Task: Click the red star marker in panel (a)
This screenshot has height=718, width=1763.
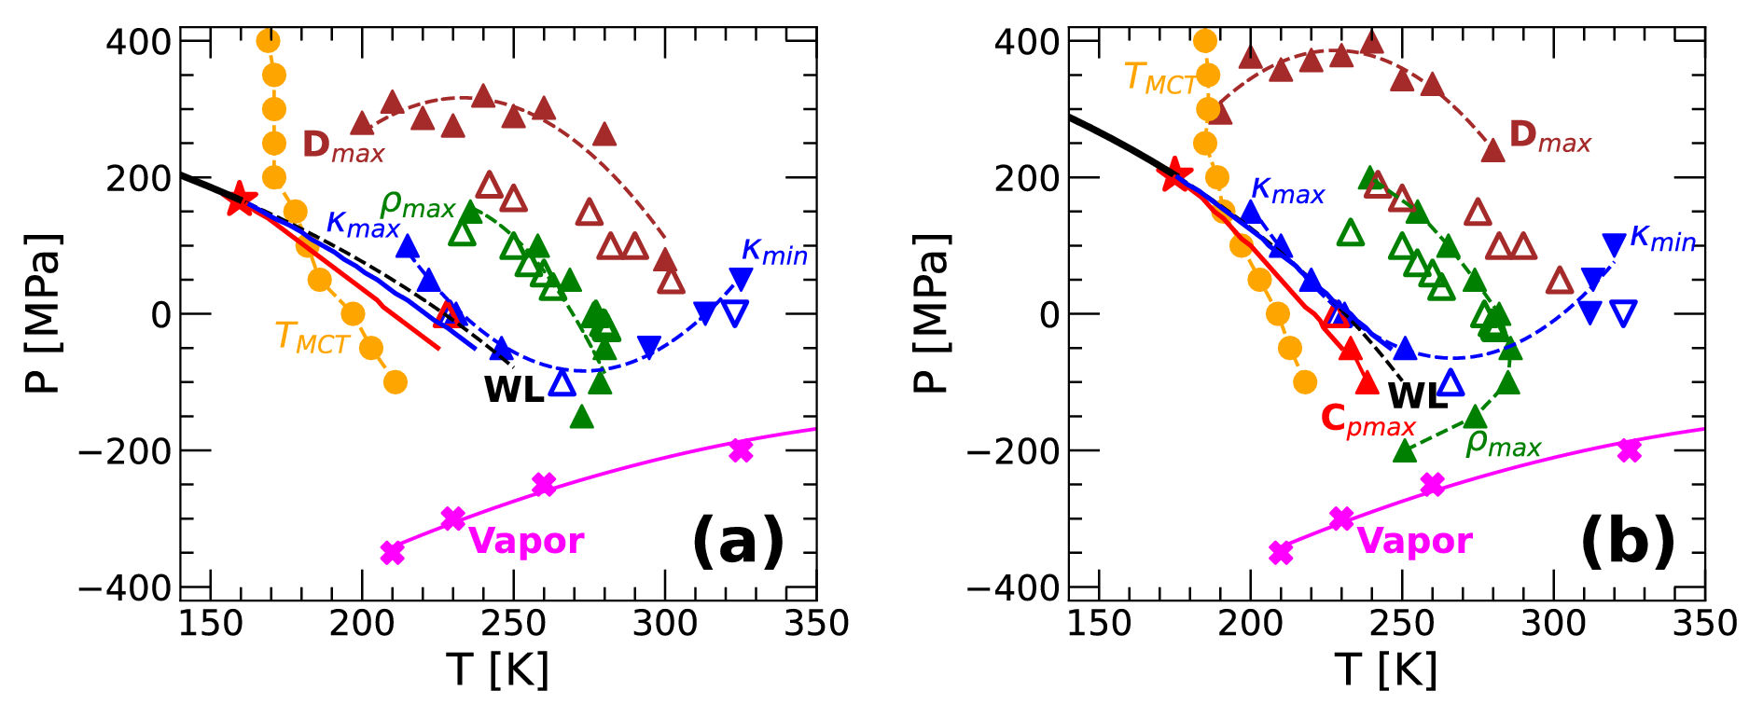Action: tap(241, 198)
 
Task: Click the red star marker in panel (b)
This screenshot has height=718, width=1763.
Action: tap(1174, 173)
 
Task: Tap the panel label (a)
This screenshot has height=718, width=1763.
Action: tap(737, 542)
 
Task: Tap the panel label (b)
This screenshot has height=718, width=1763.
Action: tap(1627, 542)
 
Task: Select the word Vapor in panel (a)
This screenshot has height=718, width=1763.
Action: tap(526, 541)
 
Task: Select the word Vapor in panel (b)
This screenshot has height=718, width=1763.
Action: tap(1414, 541)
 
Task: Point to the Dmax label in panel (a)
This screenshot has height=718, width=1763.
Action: tap(342, 146)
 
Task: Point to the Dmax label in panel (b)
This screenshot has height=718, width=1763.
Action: tap(1549, 137)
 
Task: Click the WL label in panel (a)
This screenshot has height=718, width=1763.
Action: tap(513, 390)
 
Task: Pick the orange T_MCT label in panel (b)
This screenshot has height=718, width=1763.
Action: tap(1159, 78)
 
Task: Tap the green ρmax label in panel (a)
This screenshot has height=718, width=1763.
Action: tap(417, 204)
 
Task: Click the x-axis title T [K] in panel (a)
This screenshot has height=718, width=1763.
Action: tap(497, 670)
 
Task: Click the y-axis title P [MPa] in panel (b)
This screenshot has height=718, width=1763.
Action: tap(929, 313)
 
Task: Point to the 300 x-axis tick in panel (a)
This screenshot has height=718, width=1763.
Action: tap(664, 624)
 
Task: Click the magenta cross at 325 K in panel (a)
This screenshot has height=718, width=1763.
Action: tap(741, 450)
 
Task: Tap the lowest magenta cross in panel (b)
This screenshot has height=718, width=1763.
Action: tap(1282, 552)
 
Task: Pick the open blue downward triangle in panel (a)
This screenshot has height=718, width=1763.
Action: tap(735, 312)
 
